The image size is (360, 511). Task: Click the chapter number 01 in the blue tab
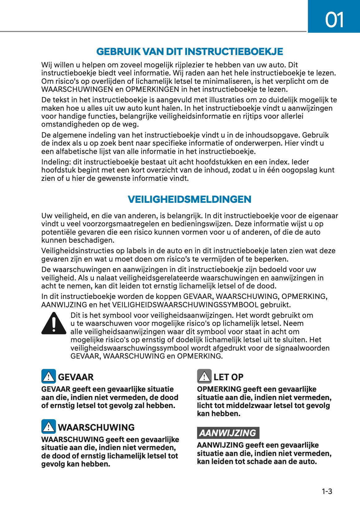click(334, 20)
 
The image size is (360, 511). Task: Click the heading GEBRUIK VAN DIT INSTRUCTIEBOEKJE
click(189, 51)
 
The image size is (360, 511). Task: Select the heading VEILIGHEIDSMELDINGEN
click(189, 199)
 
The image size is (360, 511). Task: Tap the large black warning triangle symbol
click(54, 323)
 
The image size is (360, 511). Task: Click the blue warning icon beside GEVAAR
click(49, 376)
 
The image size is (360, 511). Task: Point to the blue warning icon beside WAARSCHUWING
click(49, 427)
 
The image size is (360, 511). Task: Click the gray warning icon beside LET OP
click(204, 376)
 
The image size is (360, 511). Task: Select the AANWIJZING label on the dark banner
click(228, 433)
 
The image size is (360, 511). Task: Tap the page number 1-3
click(327, 491)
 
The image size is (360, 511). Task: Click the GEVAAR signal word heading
click(76, 377)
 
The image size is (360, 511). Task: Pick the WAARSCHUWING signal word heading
click(96, 428)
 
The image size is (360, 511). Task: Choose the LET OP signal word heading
click(228, 377)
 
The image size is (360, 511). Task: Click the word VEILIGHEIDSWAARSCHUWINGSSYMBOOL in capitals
click(185, 305)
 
